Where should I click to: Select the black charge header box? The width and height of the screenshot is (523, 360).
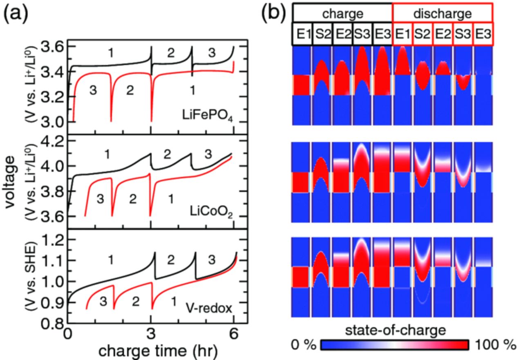[342, 13]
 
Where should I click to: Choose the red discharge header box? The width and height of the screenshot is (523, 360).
[442, 13]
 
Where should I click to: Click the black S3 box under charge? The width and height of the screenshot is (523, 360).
[362, 34]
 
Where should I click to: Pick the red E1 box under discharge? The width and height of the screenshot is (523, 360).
[402, 34]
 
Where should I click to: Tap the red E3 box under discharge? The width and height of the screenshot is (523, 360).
[483, 34]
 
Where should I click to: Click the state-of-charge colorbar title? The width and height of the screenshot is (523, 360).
[393, 329]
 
